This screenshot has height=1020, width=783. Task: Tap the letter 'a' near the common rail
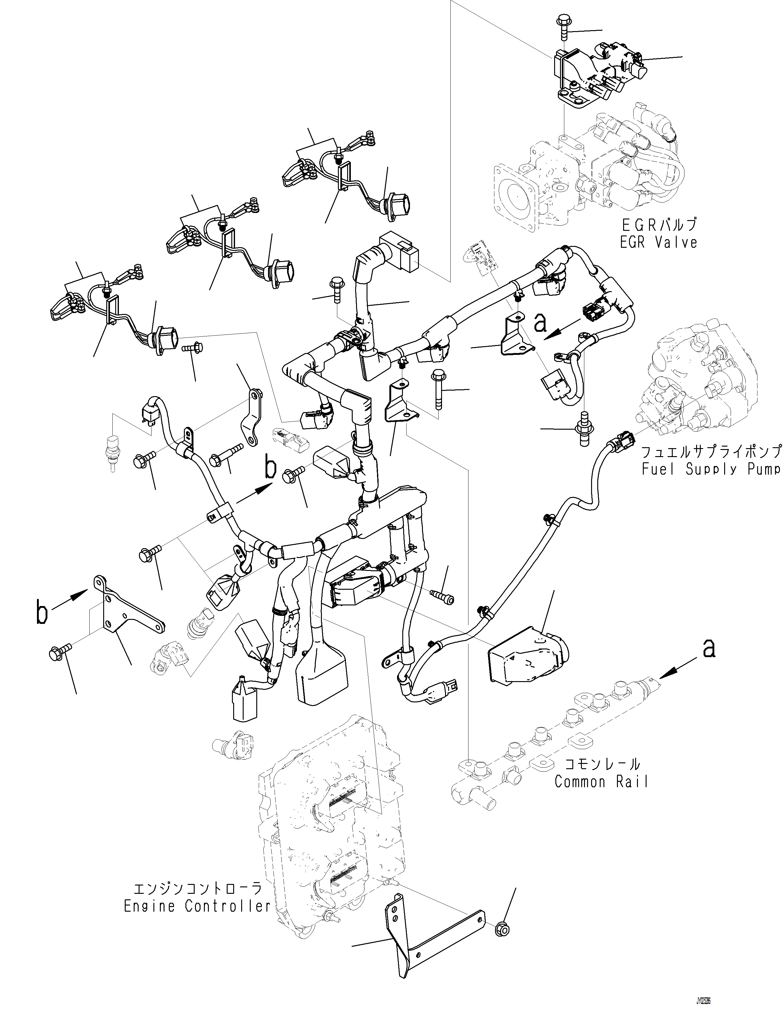click(708, 649)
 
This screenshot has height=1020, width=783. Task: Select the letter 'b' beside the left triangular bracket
click(42, 613)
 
